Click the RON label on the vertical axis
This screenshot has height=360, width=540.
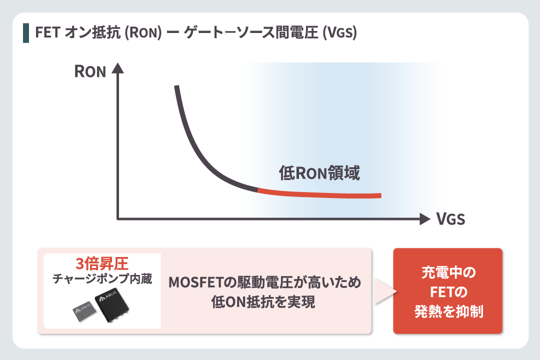pyautogui.click(x=90, y=71)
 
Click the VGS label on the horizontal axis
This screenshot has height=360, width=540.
pyautogui.click(x=450, y=219)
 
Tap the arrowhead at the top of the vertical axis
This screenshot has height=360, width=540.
pyautogui.click(x=118, y=68)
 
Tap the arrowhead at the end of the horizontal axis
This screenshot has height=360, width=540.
pyautogui.click(x=425, y=219)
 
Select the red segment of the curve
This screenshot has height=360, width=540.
pyautogui.click(x=319, y=195)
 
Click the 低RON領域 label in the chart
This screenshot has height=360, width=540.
pyautogui.click(x=319, y=173)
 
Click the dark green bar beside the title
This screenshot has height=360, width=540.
pyautogui.click(x=26, y=33)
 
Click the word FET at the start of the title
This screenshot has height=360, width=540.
pyautogui.click(x=48, y=32)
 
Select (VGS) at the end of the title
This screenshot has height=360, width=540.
pyautogui.click(x=339, y=33)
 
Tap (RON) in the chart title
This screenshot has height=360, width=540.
pyautogui.click(x=142, y=33)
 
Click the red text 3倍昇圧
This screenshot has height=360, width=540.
pyautogui.click(x=102, y=264)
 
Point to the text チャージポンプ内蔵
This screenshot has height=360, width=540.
pyautogui.click(x=102, y=278)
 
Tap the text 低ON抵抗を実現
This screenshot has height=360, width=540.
pyautogui.click(x=263, y=302)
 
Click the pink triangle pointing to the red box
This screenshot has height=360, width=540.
pyautogui.click(x=385, y=291)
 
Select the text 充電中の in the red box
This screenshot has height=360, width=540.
pyautogui.click(x=448, y=272)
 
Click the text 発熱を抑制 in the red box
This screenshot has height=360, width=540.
pyautogui.click(x=448, y=311)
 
